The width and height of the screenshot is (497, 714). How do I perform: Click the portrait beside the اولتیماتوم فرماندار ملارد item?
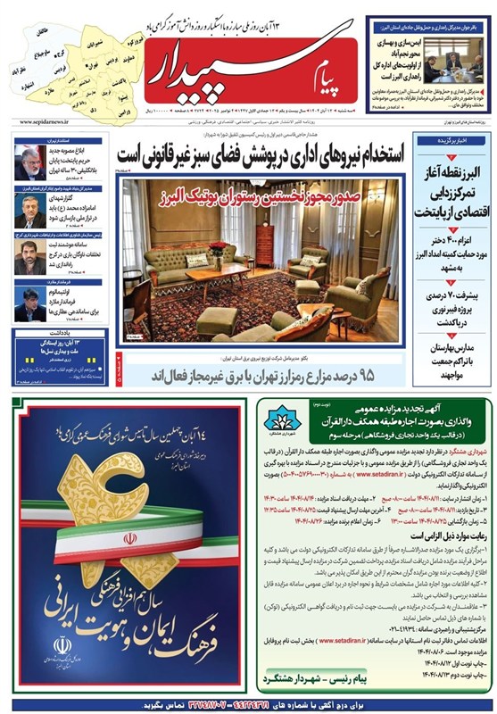[x=28, y=305]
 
